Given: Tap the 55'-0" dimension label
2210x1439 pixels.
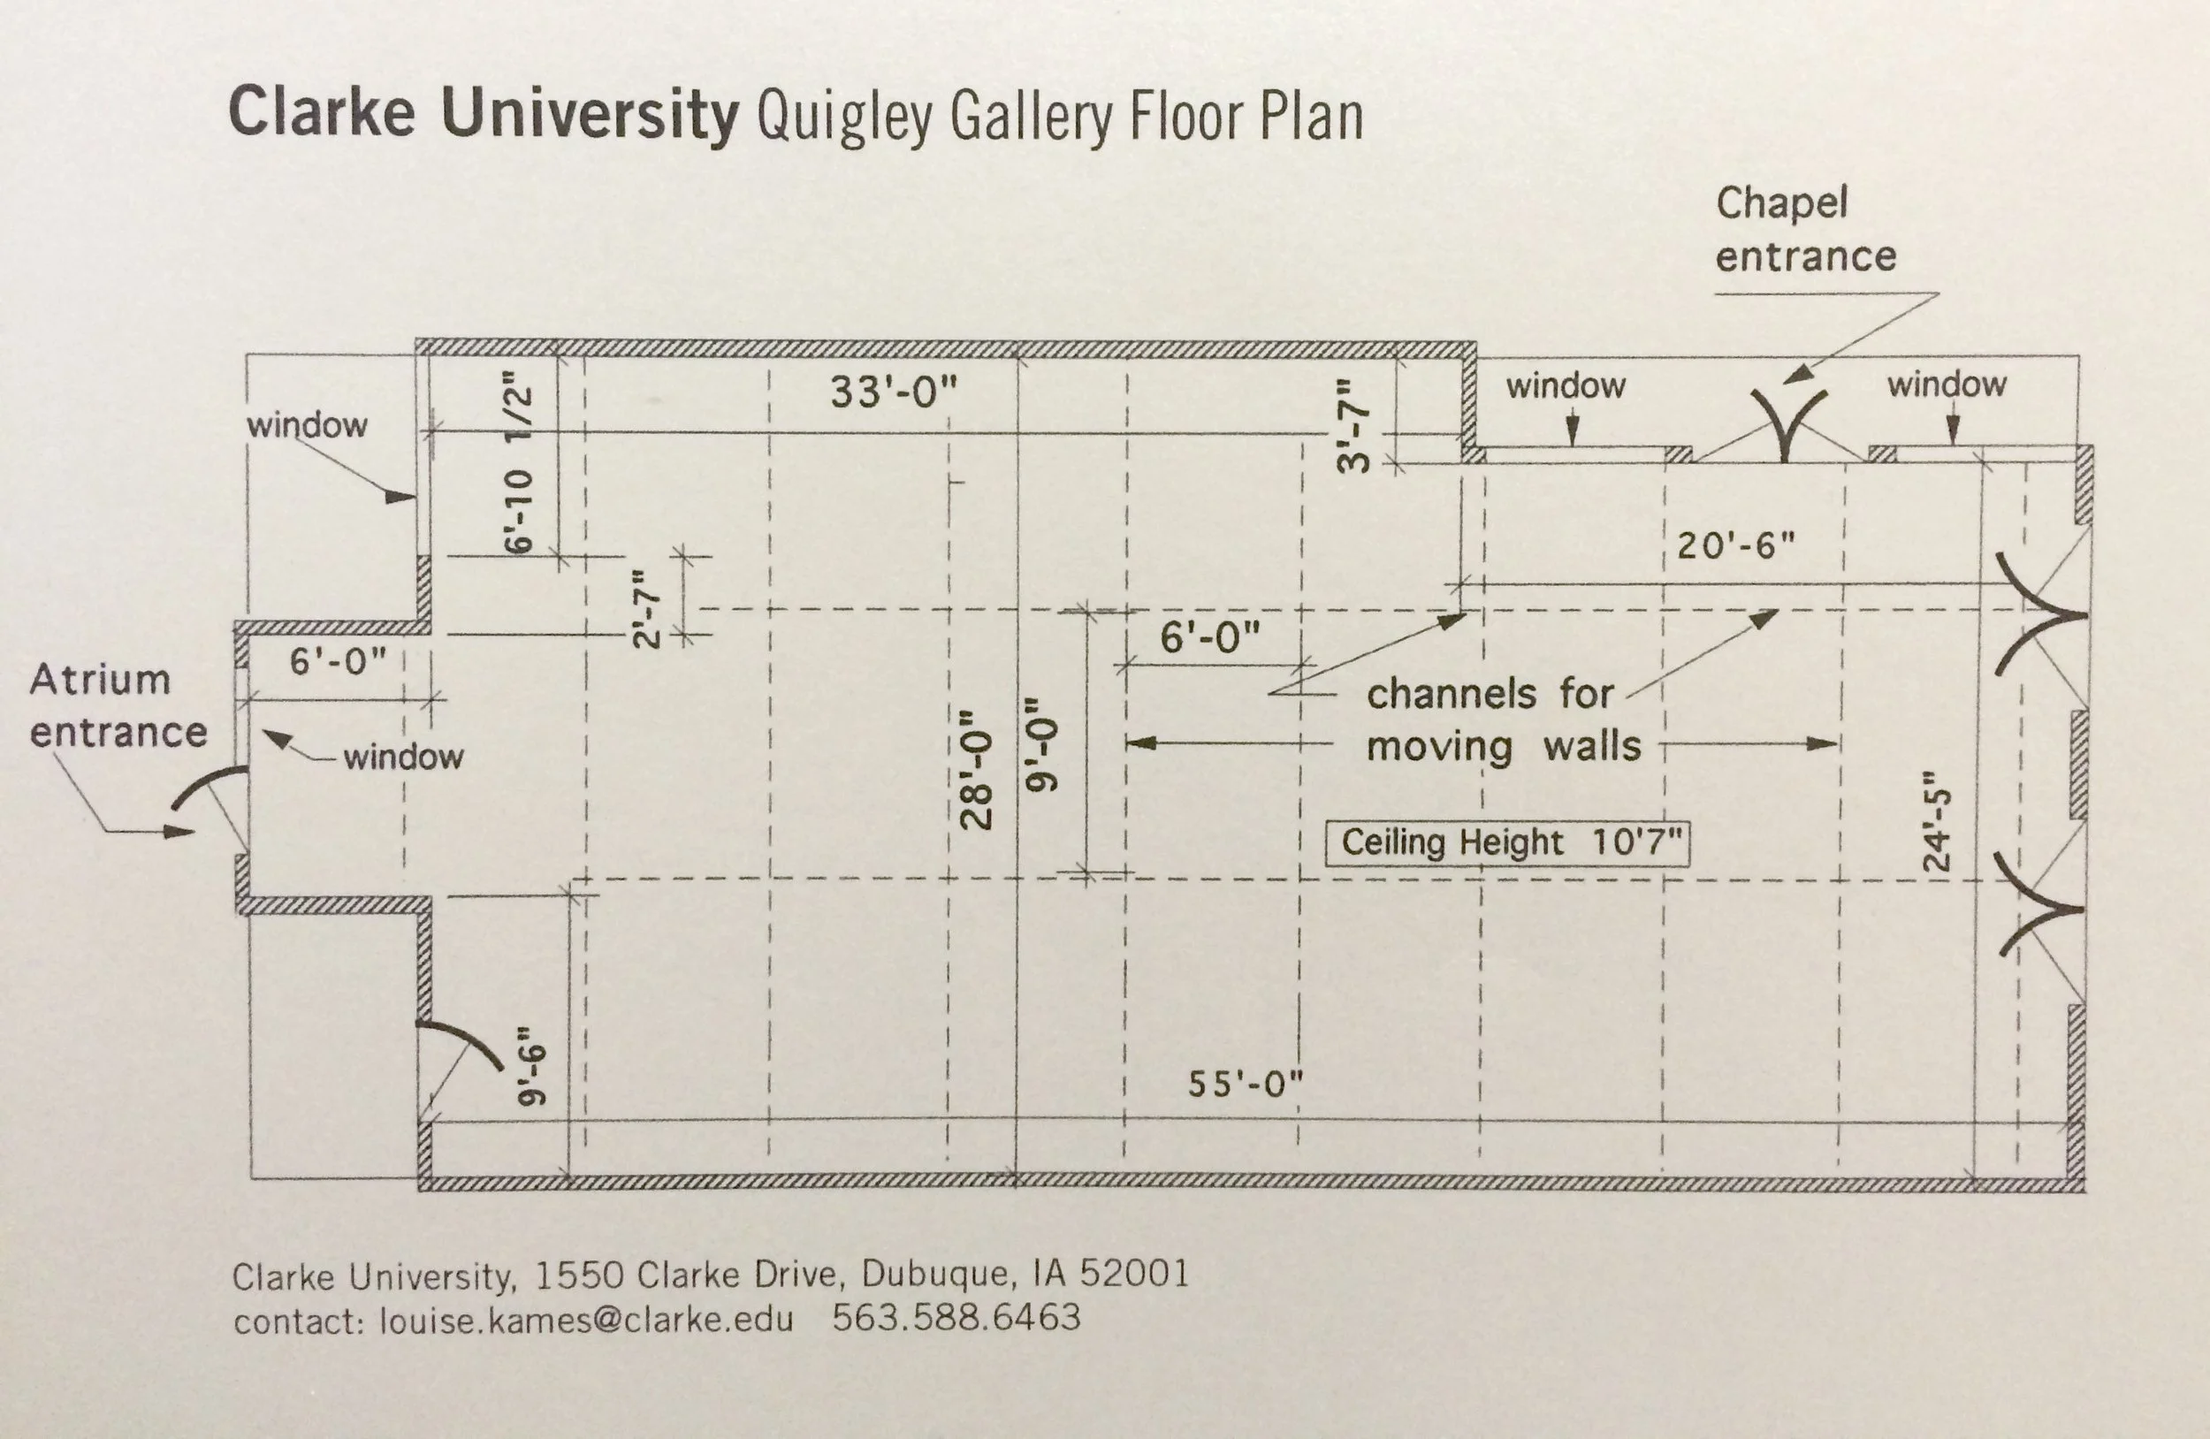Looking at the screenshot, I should point(1246,1085).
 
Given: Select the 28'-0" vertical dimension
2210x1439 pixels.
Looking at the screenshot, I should point(977,770).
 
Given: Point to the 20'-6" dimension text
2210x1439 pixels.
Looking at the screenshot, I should point(1735,546).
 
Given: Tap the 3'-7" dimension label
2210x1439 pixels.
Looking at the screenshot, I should point(1353,426).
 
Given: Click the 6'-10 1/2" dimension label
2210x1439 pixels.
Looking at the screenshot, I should point(519,462).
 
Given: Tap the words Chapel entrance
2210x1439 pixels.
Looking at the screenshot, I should point(1804,229).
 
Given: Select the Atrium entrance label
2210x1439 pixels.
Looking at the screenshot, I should point(117,705).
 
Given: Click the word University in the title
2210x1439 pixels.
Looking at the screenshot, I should point(589,113).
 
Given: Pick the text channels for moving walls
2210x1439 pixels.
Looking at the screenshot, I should point(1503,719).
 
